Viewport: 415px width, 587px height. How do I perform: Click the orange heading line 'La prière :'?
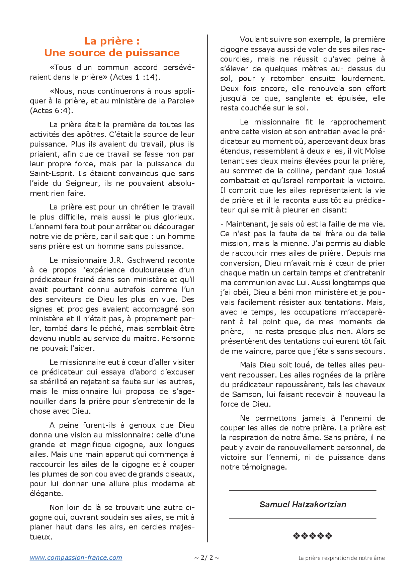[112, 41]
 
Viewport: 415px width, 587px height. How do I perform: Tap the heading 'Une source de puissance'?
[112, 53]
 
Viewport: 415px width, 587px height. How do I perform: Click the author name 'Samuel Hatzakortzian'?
[303, 505]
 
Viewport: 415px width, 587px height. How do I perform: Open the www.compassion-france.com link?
[76, 558]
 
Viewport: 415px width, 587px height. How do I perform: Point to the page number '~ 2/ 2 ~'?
[207, 558]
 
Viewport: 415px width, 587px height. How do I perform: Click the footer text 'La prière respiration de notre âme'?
[341, 558]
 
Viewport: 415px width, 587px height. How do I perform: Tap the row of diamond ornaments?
[312, 536]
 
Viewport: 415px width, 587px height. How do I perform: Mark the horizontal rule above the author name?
[303, 491]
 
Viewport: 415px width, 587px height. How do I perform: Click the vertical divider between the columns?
[207, 288]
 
